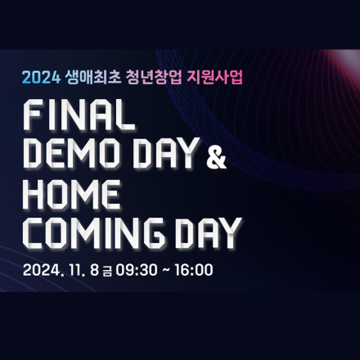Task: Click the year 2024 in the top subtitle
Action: click(37, 79)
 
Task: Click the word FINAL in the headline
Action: click(79, 116)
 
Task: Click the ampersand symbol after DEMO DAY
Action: click(217, 157)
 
